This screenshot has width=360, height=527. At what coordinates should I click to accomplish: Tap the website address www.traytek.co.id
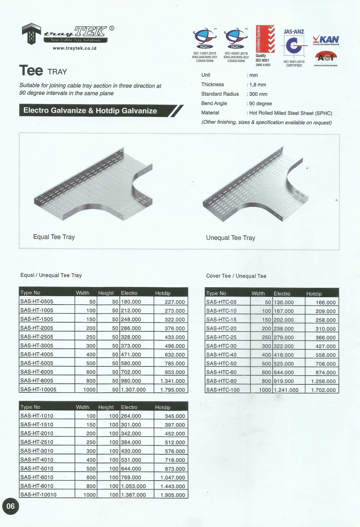pos(75,48)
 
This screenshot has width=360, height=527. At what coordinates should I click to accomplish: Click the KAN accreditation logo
pos(326,40)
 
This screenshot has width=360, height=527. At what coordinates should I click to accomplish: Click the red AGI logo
pos(326,57)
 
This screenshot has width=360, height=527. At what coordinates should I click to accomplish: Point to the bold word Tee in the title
pos(31,71)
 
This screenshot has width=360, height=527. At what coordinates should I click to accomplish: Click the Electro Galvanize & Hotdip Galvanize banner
pos(90,111)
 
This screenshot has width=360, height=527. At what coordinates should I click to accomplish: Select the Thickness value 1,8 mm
pos(257,85)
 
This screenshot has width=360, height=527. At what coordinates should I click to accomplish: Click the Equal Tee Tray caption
pos(54,237)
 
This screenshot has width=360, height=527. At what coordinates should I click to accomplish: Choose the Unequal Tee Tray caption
pos(231,238)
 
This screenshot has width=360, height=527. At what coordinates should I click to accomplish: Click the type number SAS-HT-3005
pos(37,345)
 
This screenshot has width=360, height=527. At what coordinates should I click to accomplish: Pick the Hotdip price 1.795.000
pos(172,390)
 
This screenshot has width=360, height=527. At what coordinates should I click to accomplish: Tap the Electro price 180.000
pos(131,302)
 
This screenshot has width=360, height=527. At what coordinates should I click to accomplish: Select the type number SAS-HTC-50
pos(221,364)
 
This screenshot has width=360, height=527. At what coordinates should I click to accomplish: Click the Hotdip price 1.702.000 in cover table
pos(323,390)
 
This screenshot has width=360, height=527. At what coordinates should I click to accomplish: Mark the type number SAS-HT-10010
pos(38,495)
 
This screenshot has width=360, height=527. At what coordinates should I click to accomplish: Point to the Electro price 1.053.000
pos(134,486)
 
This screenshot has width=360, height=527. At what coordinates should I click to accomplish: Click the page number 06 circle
pos(11,506)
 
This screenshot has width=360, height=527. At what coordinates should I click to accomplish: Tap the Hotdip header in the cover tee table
pos(314,294)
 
